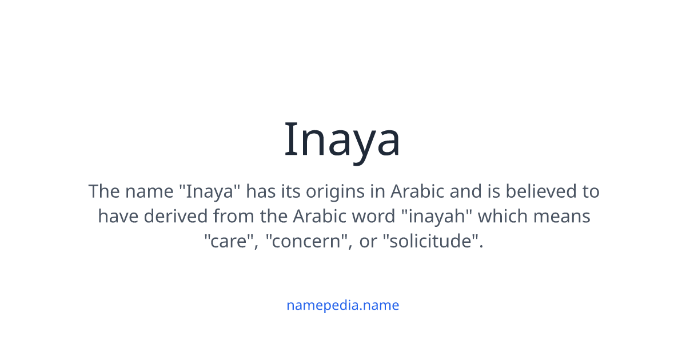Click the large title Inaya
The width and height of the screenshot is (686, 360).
coord(342,140)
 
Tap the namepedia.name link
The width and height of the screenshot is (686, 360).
coord(342,305)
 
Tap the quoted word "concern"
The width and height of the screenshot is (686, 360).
coord(309,242)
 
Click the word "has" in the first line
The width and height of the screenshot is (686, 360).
coord(261,191)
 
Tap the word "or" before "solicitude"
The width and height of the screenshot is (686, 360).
coord(369,242)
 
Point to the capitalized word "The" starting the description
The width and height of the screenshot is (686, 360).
coord(103,191)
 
